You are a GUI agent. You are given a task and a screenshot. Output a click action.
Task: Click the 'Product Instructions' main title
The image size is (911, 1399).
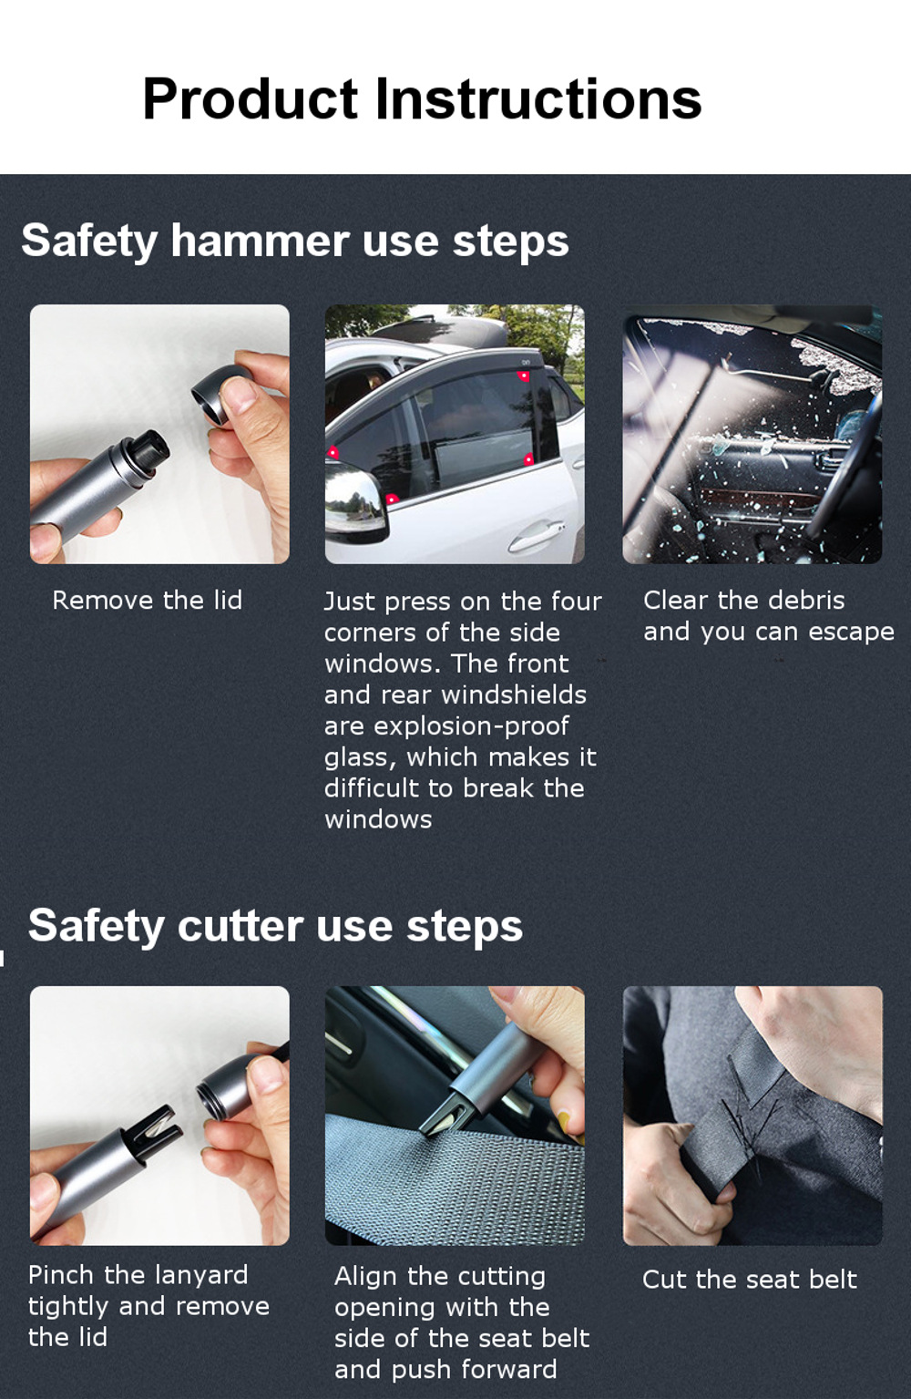[422, 98]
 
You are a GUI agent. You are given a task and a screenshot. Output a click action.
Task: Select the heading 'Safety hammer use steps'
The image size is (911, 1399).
[294, 242]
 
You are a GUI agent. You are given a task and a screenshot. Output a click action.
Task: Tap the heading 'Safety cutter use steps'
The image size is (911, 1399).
[275, 926]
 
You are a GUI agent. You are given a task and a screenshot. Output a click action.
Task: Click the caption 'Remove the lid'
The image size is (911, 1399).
[147, 600]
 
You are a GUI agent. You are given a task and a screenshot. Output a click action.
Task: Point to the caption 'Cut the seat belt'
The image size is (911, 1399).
[749, 1279]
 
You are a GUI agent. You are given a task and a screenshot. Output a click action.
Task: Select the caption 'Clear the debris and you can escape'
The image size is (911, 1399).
[768, 615]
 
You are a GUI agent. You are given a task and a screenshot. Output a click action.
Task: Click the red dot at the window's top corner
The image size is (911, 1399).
[524, 375]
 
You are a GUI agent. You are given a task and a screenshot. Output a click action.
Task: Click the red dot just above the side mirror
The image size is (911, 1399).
[392, 499]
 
